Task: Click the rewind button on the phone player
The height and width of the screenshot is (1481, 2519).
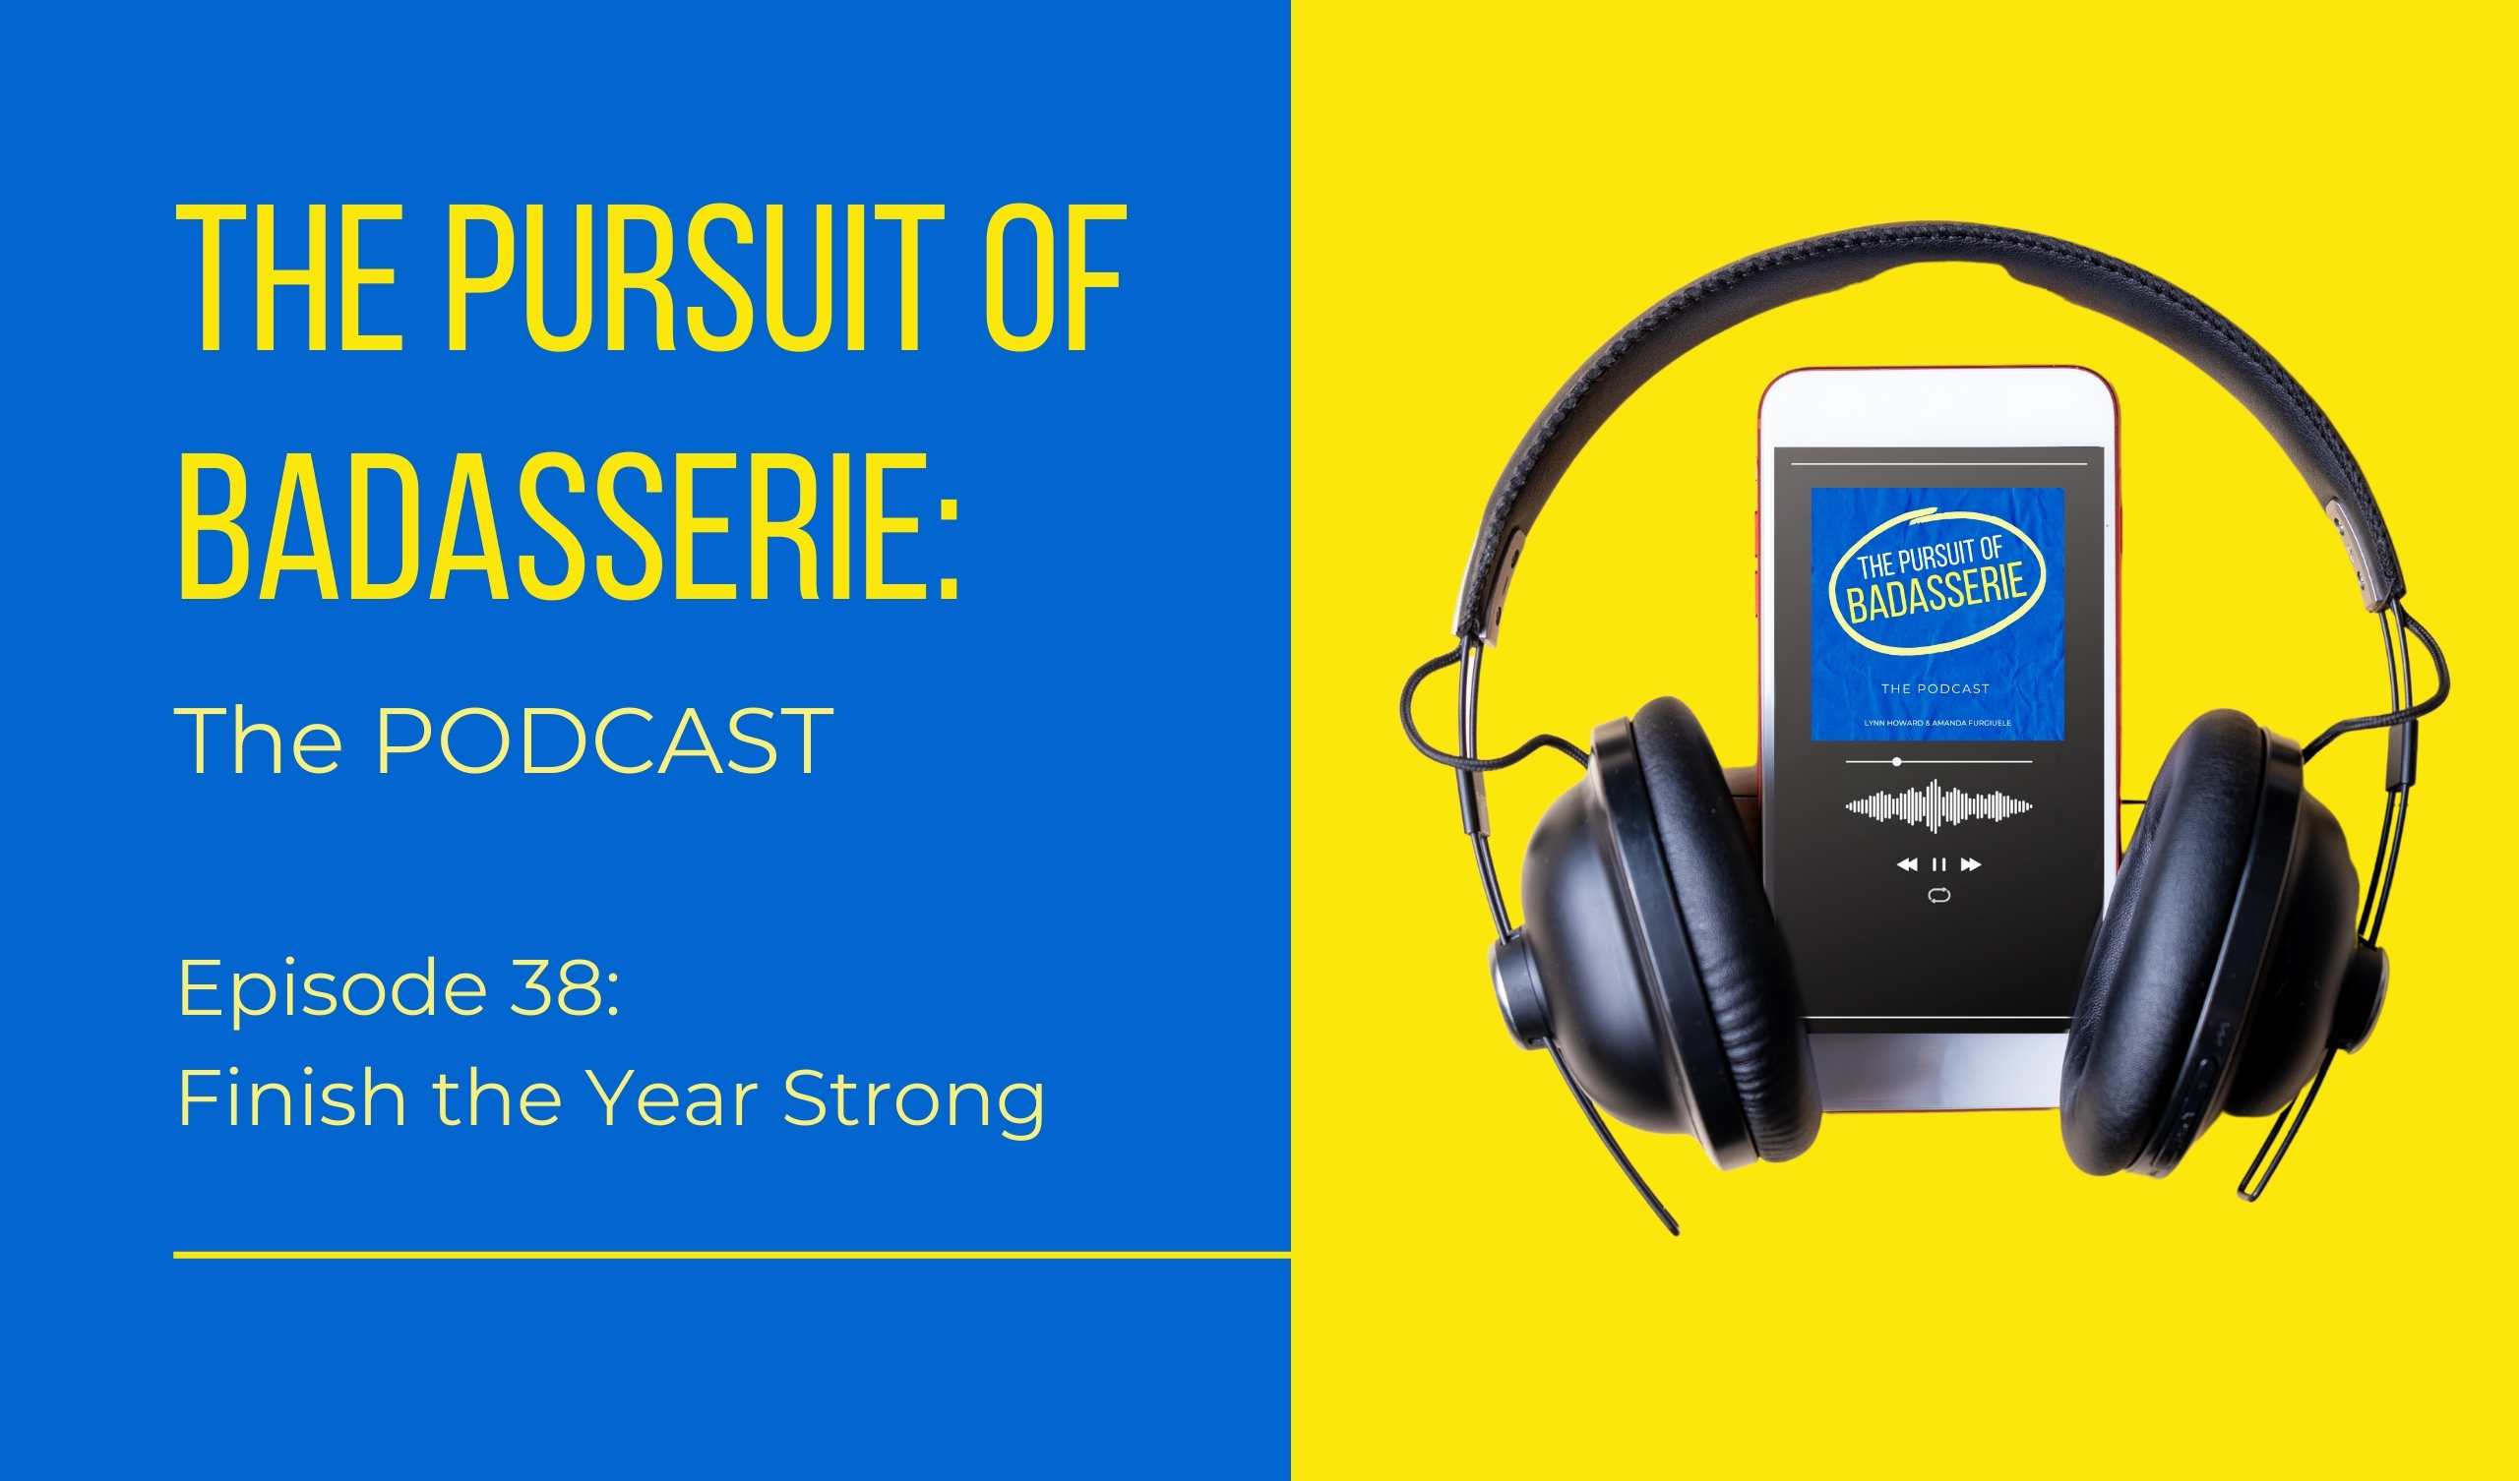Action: pyautogui.click(x=1907, y=864)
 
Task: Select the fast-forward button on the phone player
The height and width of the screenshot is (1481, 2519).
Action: pyautogui.click(x=1970, y=864)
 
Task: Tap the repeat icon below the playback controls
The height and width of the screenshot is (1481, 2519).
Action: pyautogui.click(x=1938, y=896)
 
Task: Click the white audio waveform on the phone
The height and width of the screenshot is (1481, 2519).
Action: pyautogui.click(x=1938, y=805)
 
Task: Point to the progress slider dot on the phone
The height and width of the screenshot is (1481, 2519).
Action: pyautogui.click(x=1897, y=762)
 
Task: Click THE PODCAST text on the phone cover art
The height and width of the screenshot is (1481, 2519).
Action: pyautogui.click(x=1935, y=688)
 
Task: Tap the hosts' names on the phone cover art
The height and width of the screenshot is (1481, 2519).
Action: pyautogui.click(x=1938, y=722)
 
